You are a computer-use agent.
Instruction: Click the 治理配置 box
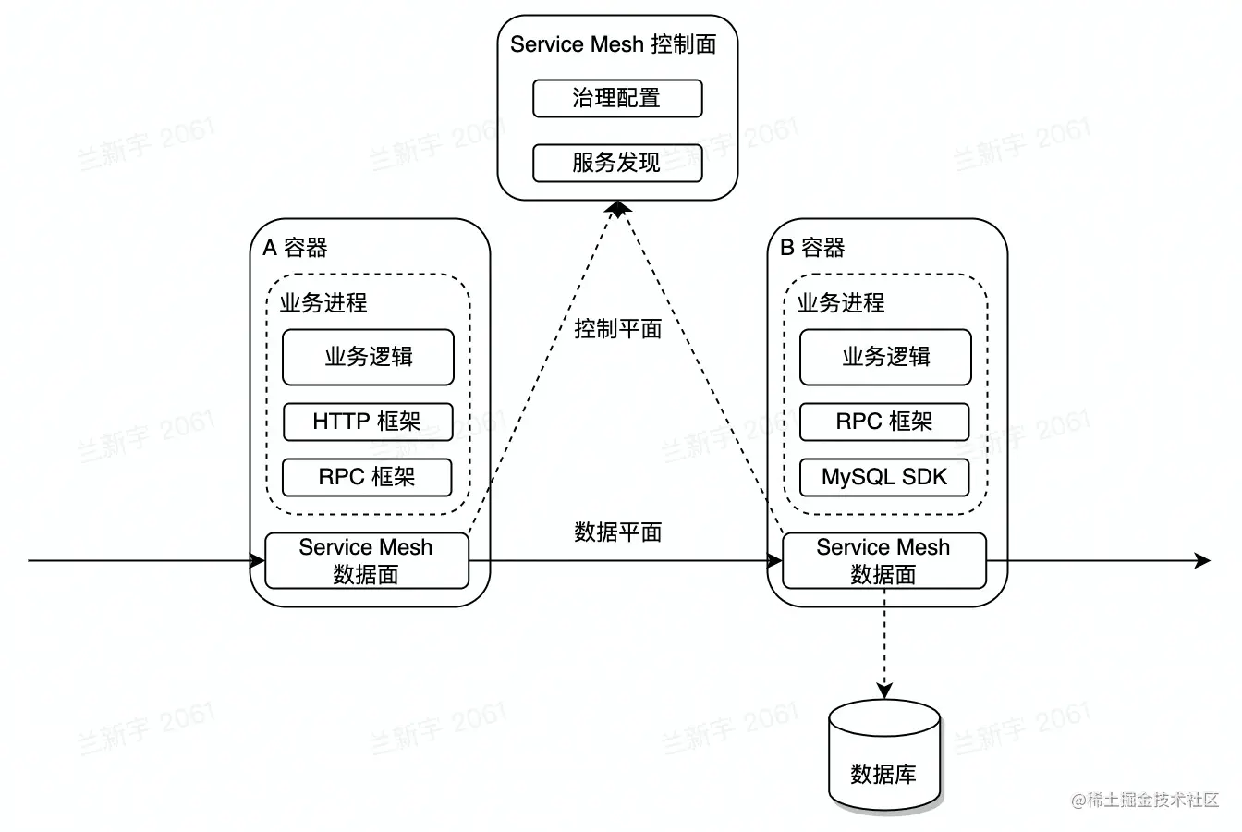point(617,98)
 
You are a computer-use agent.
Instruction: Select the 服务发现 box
point(617,163)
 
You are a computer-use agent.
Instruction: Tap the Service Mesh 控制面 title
point(613,44)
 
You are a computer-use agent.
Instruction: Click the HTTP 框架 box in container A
point(367,422)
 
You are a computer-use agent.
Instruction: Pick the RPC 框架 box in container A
point(367,477)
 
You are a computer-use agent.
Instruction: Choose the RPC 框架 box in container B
point(884,422)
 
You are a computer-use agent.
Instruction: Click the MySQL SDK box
point(884,477)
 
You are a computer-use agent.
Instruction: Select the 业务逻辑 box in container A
point(368,357)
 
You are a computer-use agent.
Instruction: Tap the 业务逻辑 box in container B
point(885,357)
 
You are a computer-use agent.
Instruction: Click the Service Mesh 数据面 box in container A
point(367,560)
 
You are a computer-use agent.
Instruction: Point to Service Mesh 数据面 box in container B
point(884,560)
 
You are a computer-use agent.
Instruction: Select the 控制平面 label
point(617,328)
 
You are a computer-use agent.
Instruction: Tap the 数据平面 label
point(617,532)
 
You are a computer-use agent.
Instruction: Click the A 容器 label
point(296,248)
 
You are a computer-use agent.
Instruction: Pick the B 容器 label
point(813,248)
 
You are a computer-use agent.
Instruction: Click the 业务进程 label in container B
point(841,302)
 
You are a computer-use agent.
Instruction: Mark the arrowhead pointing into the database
point(884,691)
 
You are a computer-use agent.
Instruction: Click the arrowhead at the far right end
point(1202,560)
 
